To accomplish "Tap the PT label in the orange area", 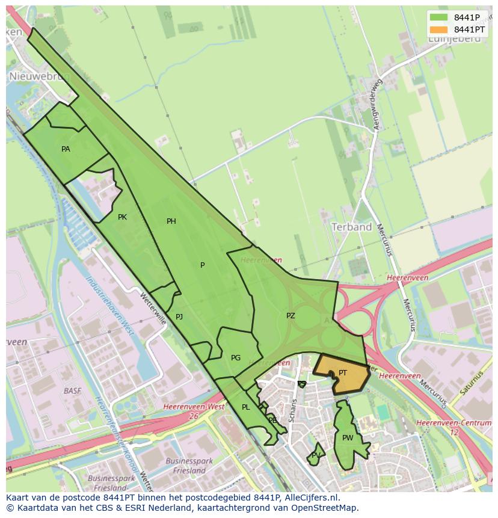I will (x=343, y=373).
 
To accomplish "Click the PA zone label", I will (x=66, y=149).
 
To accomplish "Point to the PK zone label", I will (x=122, y=217).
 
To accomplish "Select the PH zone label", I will (x=171, y=221).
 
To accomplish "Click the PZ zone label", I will (x=290, y=315).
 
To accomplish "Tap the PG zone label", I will (x=236, y=358).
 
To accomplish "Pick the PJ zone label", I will (x=179, y=316).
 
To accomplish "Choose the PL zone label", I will (x=245, y=407).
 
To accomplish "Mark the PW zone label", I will (x=348, y=438).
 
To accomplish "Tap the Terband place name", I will (x=352, y=227).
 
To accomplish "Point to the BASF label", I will (x=72, y=390).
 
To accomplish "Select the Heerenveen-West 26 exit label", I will (x=194, y=411).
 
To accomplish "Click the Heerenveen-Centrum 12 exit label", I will (x=453, y=428).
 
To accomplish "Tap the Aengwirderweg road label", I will (x=377, y=106).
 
